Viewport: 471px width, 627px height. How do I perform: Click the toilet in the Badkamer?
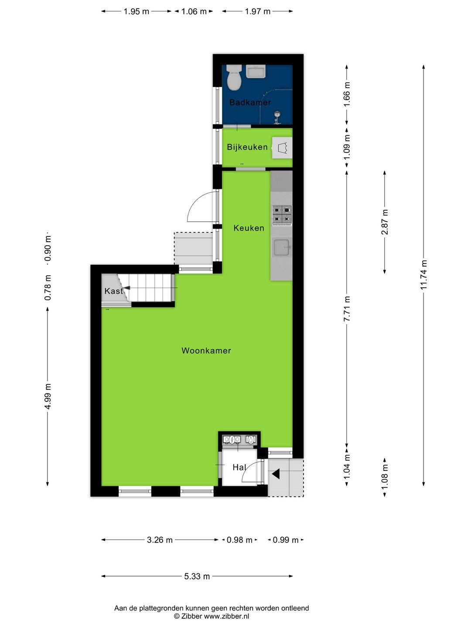(234, 78)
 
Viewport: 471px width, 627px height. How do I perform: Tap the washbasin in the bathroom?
(256, 71)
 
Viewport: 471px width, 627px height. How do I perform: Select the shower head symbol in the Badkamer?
(277, 117)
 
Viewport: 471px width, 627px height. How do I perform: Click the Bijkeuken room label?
(247, 147)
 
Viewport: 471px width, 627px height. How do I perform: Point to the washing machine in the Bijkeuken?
(282, 148)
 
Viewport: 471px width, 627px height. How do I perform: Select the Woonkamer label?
(206, 351)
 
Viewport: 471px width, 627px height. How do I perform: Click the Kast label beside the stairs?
(113, 291)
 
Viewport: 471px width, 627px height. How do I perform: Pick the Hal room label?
(239, 467)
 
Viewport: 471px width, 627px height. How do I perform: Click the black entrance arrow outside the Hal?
(276, 474)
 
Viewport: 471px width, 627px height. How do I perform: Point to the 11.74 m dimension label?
(423, 275)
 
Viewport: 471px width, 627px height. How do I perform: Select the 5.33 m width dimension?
(197, 576)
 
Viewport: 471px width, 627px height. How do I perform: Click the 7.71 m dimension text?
(347, 309)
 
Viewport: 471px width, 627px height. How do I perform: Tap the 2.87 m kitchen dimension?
(385, 222)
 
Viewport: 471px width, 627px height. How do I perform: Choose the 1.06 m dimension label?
(194, 11)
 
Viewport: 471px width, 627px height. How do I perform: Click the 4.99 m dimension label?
(48, 397)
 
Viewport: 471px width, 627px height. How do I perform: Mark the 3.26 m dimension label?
(160, 540)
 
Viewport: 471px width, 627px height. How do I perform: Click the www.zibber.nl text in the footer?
(226, 616)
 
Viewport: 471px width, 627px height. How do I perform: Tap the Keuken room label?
(249, 228)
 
